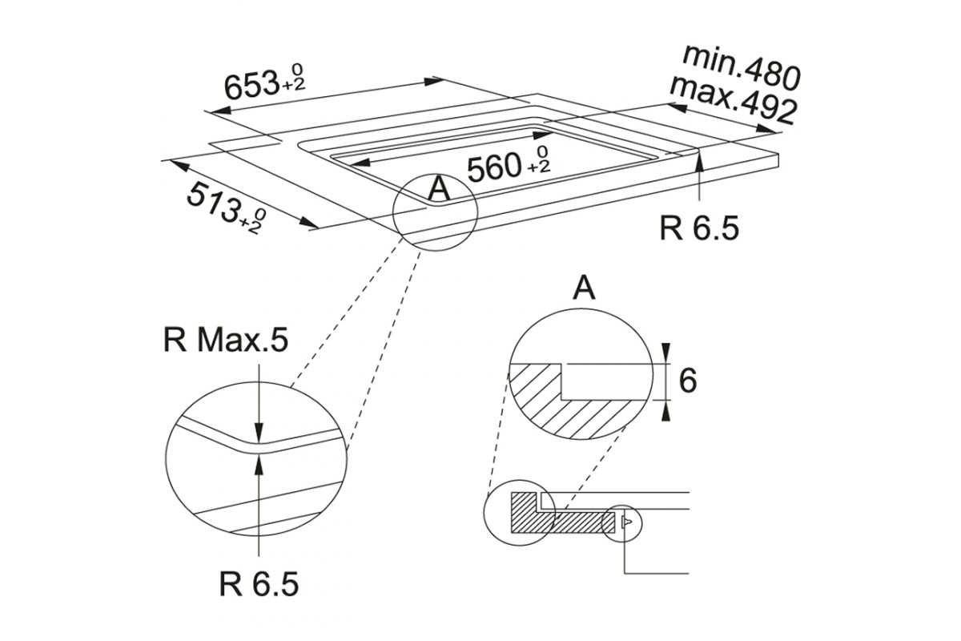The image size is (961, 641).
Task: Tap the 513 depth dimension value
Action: [x=213, y=203]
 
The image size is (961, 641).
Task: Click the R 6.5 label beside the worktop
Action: [x=699, y=228]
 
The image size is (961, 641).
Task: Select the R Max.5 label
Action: [x=225, y=341]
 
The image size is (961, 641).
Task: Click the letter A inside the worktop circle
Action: [x=439, y=189]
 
